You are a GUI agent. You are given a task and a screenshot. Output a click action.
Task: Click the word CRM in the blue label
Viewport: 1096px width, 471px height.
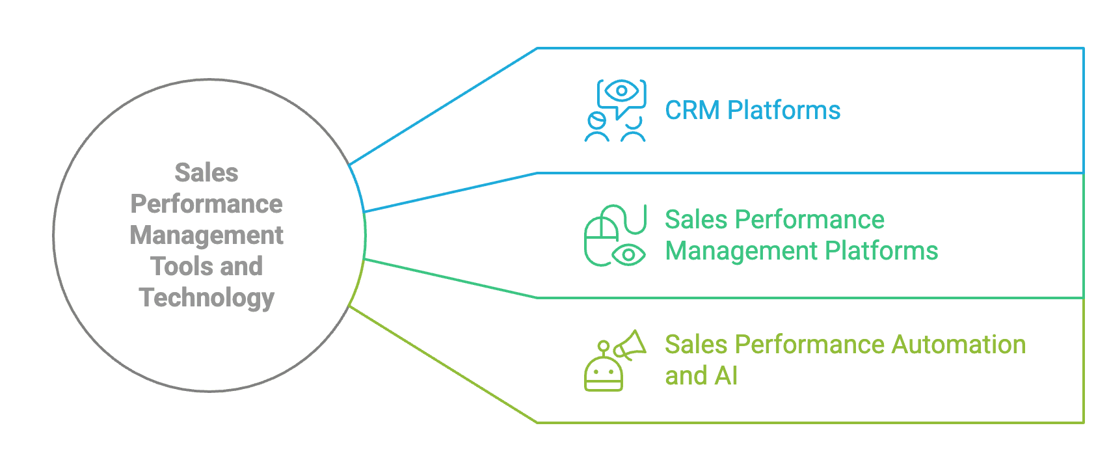[692, 111]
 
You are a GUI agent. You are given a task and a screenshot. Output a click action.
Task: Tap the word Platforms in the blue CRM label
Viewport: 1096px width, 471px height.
[784, 111]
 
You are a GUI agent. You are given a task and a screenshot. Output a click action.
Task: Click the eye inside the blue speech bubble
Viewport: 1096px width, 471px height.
[622, 91]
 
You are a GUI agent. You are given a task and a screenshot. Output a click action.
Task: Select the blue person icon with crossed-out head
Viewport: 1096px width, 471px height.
[596, 128]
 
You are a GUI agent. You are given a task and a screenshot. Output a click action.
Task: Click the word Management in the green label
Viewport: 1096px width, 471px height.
[727, 251]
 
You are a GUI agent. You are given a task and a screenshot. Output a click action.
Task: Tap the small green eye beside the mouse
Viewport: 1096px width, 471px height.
[629, 255]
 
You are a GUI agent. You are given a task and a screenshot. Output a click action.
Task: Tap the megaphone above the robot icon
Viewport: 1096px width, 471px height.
[630, 345]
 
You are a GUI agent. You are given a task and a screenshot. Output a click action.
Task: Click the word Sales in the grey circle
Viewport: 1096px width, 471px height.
[207, 173]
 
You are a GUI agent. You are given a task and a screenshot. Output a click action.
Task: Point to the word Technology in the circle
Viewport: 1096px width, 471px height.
[207, 298]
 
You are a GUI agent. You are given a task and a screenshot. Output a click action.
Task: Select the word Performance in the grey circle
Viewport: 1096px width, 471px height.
[207, 204]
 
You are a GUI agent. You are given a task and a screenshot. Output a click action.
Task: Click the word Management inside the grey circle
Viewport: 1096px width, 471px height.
[207, 235]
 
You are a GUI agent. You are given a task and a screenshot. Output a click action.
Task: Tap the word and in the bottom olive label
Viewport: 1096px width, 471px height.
[686, 376]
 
